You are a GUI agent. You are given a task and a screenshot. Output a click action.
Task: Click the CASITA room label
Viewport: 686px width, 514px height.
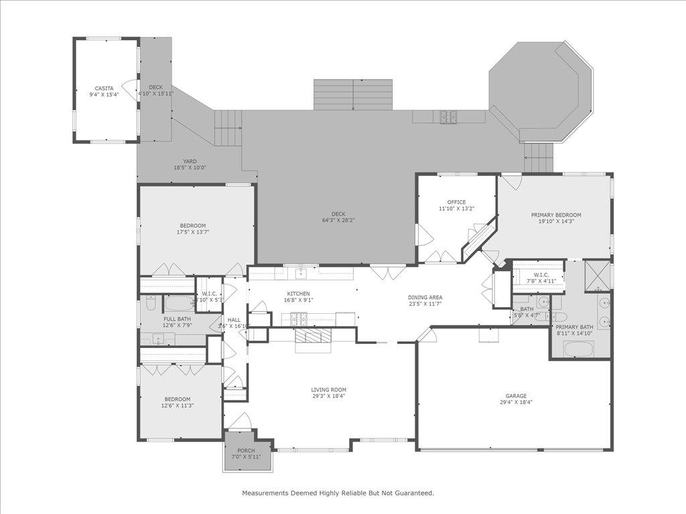click(104, 88)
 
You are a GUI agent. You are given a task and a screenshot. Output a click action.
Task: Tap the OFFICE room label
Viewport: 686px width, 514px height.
click(456, 202)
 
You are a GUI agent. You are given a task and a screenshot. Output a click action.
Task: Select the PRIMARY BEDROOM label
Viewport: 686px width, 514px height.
click(556, 215)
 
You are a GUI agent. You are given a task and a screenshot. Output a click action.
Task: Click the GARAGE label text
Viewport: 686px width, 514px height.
click(516, 396)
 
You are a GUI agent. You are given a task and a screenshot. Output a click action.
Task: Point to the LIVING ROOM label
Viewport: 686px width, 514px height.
click(328, 390)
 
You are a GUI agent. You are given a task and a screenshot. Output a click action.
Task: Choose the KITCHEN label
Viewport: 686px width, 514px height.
click(298, 293)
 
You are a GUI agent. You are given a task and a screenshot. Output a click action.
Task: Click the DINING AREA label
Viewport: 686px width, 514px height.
click(425, 297)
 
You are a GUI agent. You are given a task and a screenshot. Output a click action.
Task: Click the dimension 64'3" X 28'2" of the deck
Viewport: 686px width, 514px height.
click(333, 220)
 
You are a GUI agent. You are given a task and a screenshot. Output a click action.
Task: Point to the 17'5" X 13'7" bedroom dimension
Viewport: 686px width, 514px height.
click(193, 232)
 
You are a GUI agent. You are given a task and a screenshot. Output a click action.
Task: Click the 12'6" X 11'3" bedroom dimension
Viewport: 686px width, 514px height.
click(177, 406)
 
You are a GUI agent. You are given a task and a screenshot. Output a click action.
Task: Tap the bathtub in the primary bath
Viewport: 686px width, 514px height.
click(579, 349)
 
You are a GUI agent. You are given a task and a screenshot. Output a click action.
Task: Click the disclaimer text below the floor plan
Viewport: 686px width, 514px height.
click(338, 493)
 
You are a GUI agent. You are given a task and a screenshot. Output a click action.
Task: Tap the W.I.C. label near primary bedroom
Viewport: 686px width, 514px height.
click(541, 275)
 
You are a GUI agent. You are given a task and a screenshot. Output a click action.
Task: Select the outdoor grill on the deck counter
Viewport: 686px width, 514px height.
click(448, 116)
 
